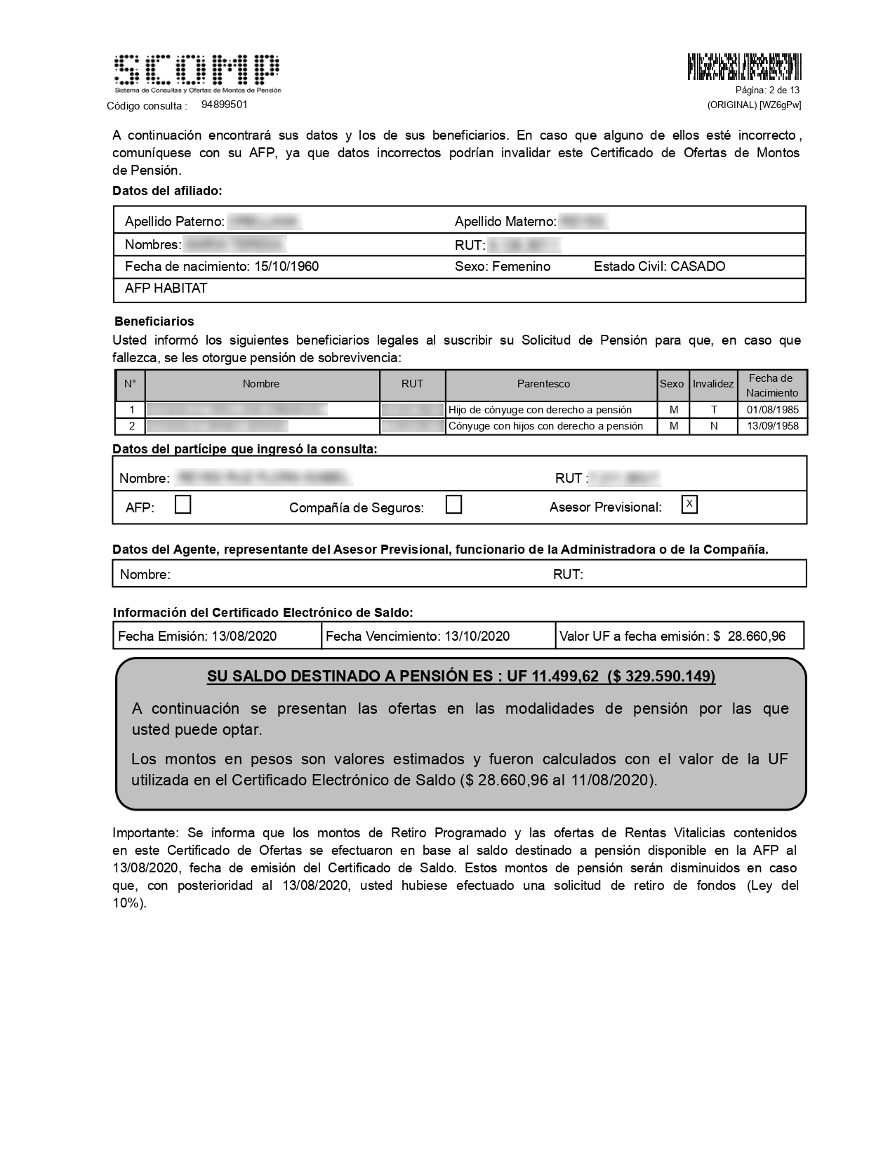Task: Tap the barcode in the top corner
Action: (x=744, y=67)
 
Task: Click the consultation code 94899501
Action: (x=224, y=105)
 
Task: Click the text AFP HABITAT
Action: (x=166, y=288)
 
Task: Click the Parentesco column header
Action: (x=543, y=384)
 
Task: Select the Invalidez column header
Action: (x=713, y=384)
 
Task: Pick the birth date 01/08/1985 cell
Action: (x=772, y=410)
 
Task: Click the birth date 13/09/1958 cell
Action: (x=772, y=426)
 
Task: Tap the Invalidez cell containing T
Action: (x=714, y=410)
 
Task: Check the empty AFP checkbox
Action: (x=183, y=505)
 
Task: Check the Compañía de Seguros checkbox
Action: (x=453, y=505)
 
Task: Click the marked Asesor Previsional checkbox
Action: (x=689, y=504)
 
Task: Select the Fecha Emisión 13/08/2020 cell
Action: (x=217, y=636)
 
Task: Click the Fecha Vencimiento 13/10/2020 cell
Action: (x=439, y=636)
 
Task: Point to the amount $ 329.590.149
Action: (x=662, y=676)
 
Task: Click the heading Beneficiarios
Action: (x=154, y=321)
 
